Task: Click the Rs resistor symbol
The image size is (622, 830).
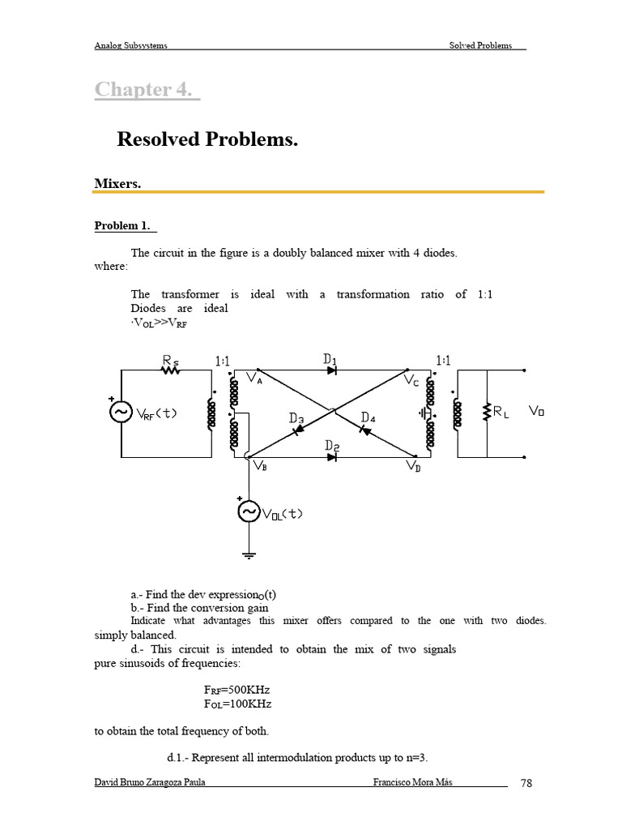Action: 170,370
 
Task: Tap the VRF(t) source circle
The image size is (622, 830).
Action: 121,412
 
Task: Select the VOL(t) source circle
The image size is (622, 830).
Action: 247,511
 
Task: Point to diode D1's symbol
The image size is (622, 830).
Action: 332,370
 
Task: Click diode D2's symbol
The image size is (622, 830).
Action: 332,456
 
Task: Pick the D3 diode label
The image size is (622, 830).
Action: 296,419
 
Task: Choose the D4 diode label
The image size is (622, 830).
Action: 369,417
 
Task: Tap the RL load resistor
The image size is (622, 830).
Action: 487,412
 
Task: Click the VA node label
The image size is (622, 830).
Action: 253,379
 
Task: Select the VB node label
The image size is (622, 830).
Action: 260,466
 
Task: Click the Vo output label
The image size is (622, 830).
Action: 536,411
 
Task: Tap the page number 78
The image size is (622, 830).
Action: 526,783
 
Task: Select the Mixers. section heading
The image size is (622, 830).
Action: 118,184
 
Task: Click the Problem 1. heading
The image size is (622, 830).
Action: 125,225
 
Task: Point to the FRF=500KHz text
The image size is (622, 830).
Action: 236,691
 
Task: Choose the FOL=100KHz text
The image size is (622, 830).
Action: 236,704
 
